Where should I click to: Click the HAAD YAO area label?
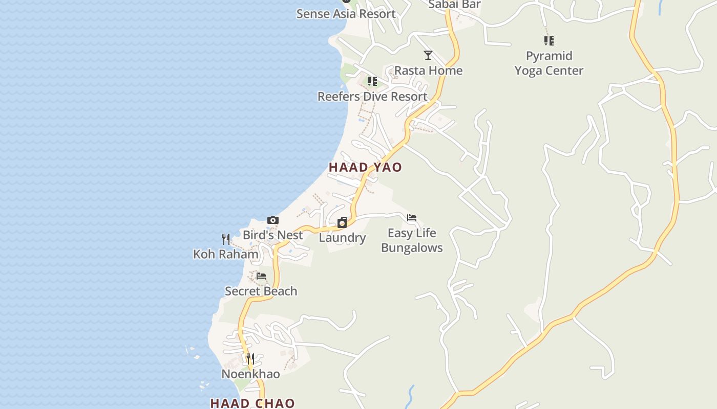point(365,167)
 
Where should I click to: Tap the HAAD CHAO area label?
point(252,403)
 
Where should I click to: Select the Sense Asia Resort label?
point(346,14)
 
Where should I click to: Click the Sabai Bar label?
point(454,5)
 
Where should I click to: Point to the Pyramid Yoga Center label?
point(549,63)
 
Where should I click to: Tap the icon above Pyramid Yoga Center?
point(549,40)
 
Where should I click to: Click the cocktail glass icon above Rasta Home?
point(428,55)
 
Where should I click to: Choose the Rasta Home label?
point(428,71)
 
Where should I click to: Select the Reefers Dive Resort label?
point(372,96)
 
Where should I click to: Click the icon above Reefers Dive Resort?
point(372,81)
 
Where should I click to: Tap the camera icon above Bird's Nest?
point(273,220)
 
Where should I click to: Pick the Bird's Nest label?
point(273,235)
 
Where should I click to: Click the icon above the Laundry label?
point(342,222)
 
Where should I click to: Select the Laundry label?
point(342,238)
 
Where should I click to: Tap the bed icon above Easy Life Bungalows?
point(412,218)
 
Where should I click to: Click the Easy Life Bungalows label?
point(412,240)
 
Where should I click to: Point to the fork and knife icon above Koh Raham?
point(226,239)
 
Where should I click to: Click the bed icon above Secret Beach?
point(261,276)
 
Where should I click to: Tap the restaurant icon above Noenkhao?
point(250,359)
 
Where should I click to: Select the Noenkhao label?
point(250,374)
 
